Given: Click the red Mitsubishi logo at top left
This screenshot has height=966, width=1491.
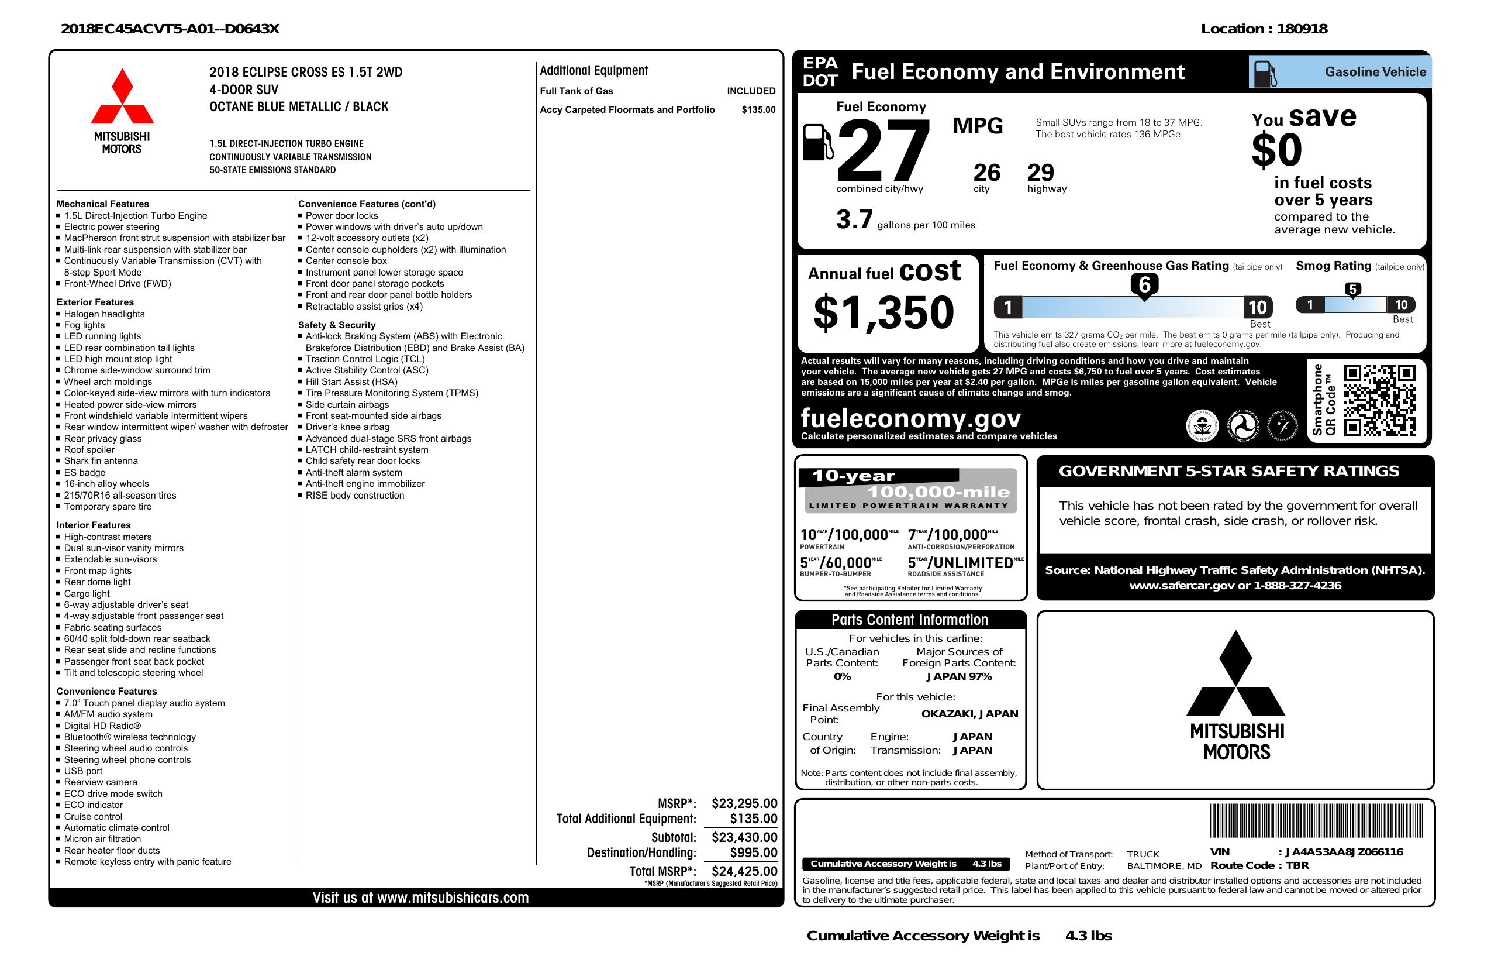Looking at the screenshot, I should (x=122, y=97).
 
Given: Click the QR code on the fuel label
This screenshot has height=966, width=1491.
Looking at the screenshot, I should (x=1378, y=401).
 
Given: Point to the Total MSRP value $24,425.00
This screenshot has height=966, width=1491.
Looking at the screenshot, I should (x=744, y=871).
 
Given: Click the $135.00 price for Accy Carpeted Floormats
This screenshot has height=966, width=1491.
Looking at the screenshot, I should (x=758, y=109).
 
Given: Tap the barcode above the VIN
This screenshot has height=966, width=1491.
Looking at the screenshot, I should (x=1316, y=821).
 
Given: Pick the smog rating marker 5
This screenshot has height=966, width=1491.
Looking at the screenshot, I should (x=1352, y=290).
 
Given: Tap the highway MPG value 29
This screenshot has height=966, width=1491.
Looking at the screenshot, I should (x=1041, y=173).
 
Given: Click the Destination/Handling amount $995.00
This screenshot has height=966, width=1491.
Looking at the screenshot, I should (x=753, y=852).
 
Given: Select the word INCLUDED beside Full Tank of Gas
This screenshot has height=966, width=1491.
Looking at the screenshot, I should (x=751, y=91).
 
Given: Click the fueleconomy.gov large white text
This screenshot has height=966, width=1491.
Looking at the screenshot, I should (x=910, y=418).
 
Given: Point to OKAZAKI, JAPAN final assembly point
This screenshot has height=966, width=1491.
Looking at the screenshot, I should (x=969, y=713).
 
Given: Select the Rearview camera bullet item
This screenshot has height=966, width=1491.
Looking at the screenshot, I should (x=100, y=782).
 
